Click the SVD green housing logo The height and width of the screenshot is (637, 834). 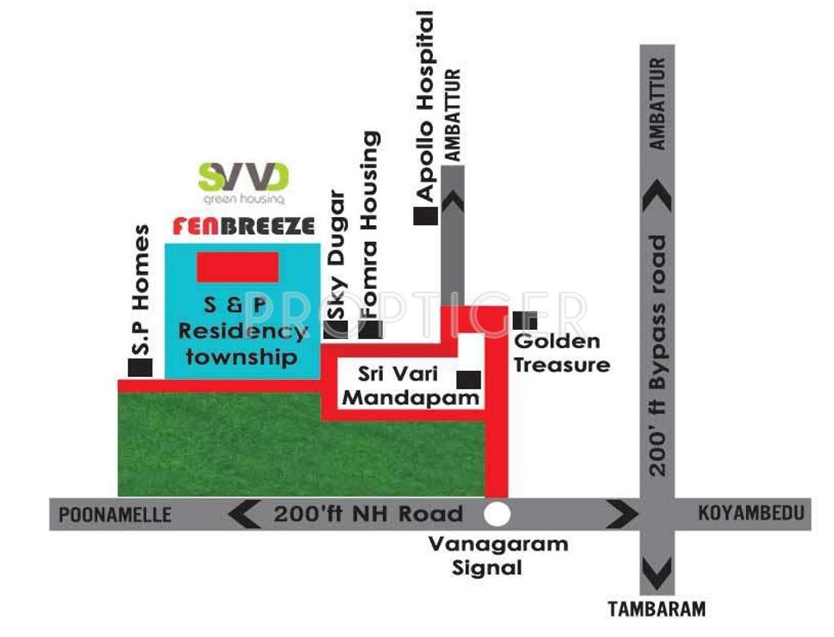point(243,182)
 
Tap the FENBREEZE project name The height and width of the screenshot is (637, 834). point(243,226)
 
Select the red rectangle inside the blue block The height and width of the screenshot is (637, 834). point(237,267)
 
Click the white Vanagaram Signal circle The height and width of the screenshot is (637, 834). point(497,513)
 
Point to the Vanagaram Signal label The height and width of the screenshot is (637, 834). point(498,555)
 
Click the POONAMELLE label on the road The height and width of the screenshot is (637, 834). point(115,515)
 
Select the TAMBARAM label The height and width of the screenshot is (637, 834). point(657,609)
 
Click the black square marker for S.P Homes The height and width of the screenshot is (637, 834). point(140,368)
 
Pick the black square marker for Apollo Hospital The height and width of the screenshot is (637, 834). point(425,215)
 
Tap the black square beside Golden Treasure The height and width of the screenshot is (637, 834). point(525,321)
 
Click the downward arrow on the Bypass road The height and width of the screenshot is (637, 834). point(657,570)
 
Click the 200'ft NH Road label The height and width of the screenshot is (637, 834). point(368,513)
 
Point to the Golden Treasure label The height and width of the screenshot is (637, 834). point(562,353)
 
